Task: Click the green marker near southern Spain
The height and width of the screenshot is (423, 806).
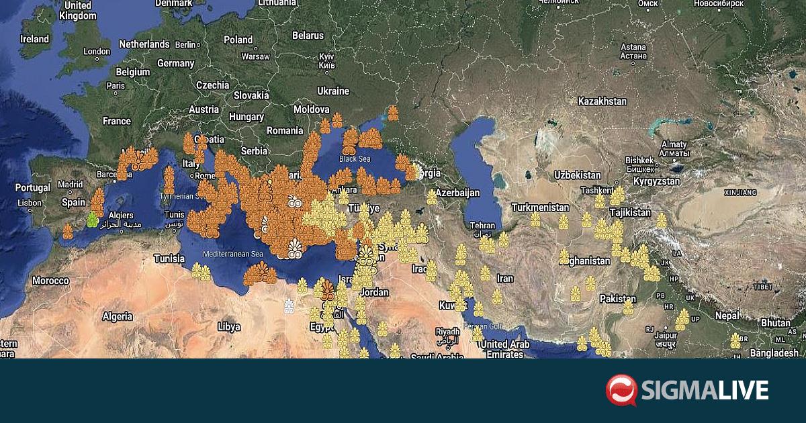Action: coord(93,220)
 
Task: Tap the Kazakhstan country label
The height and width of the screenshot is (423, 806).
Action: coord(602,101)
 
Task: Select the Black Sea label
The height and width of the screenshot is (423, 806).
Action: coord(355,159)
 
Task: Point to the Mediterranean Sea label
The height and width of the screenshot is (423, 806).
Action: coord(233,254)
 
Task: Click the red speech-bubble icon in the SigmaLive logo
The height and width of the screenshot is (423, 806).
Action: coord(621,390)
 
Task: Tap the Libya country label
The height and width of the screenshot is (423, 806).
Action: coord(229,327)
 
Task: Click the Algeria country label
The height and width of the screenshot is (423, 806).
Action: coord(117,316)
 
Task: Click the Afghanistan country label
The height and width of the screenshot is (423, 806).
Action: coord(586,261)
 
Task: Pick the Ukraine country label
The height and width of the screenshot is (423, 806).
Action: coord(333,91)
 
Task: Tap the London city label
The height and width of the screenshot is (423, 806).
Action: coord(97,52)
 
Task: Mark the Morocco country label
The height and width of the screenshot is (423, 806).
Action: coord(50,280)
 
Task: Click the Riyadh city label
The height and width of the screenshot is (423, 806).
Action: coord(447,332)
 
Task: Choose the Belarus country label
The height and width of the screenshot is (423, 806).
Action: coord(308,35)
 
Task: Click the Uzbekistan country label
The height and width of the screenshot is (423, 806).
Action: coord(577,175)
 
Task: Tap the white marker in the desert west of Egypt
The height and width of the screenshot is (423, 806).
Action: coord(289,306)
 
